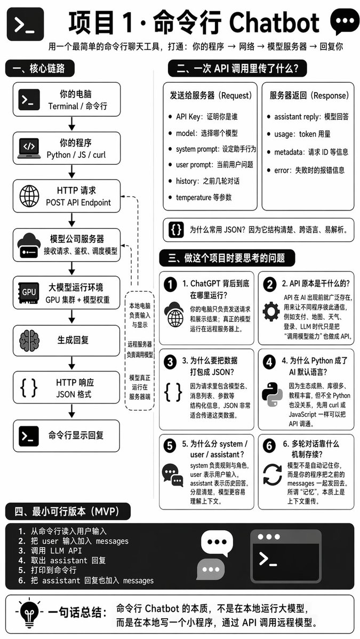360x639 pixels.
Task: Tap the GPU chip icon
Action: (x=29, y=292)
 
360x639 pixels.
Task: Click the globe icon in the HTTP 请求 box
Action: (x=29, y=196)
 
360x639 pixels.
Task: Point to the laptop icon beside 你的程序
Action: (x=29, y=148)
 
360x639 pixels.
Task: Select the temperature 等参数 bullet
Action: (x=200, y=197)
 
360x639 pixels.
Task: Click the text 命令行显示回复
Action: (x=76, y=435)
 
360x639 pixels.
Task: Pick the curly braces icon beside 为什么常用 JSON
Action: (x=176, y=230)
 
